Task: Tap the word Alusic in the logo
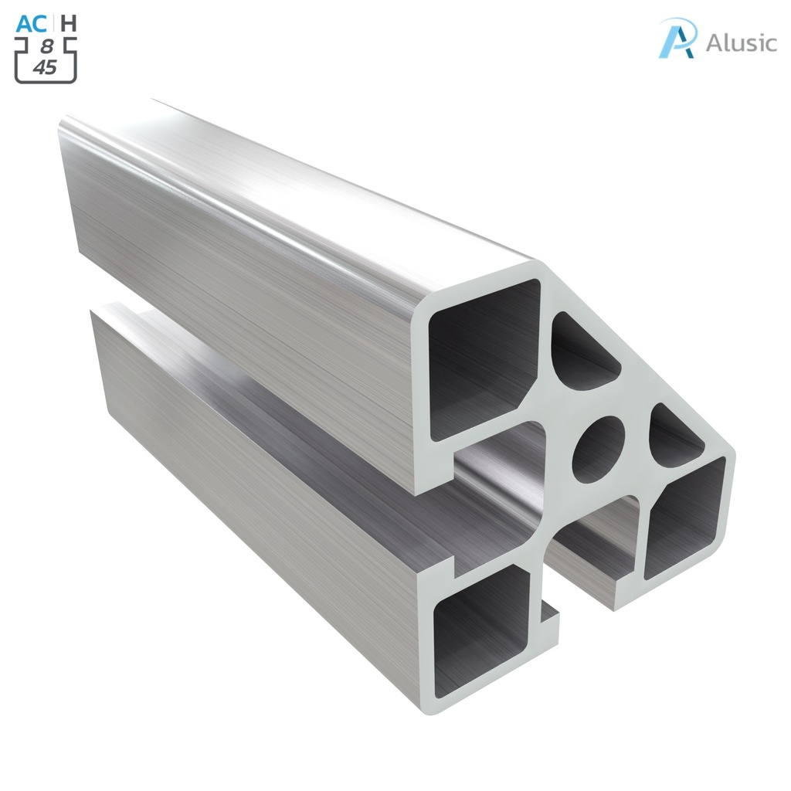pyautogui.click(x=741, y=42)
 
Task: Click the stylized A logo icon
pyautogui.click(x=677, y=38)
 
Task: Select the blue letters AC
pyautogui.click(x=31, y=23)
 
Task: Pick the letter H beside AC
pyautogui.click(x=69, y=23)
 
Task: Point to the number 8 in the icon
pyautogui.click(x=46, y=47)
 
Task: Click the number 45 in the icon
pyautogui.click(x=46, y=68)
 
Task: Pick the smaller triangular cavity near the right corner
pyautogui.click(x=674, y=436)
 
